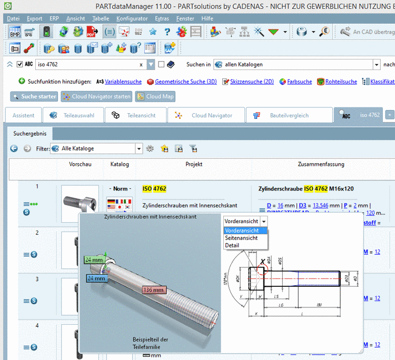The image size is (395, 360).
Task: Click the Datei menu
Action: coord(13,18)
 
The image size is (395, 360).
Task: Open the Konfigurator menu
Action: coord(132,18)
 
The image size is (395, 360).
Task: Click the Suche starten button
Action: coord(33,97)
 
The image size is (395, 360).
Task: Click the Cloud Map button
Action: coord(155,97)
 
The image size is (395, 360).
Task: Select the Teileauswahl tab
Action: coord(72,115)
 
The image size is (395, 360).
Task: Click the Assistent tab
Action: coord(23,115)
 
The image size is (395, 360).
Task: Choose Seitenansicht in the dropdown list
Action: coord(241,238)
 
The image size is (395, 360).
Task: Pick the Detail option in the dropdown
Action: coord(232,245)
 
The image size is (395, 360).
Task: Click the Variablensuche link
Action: coord(123,82)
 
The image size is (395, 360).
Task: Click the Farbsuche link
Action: coord(299,82)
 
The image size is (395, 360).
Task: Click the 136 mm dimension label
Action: coord(154,289)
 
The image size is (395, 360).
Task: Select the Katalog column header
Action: coord(120,164)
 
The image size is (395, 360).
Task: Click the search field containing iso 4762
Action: coord(87,65)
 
